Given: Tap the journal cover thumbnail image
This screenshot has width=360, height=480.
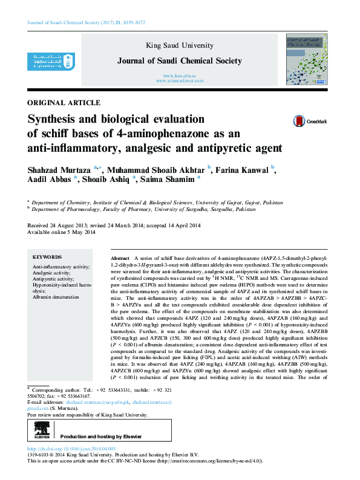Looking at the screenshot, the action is pyautogui.click(x=303, y=59).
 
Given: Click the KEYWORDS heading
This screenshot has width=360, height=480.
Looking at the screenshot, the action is pyautogui.click(x=47, y=256).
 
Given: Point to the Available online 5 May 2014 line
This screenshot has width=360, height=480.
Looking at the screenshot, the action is pyautogui.click(x=61, y=232).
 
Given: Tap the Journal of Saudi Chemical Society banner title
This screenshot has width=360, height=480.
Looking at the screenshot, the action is pyautogui.click(x=180, y=60).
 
